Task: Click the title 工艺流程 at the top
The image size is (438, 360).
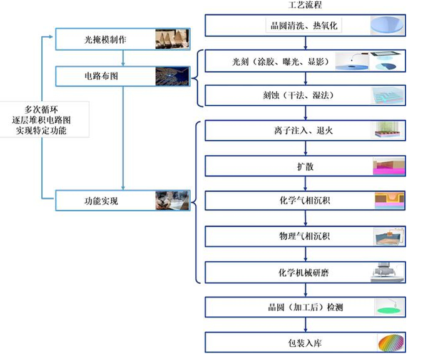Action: click(304, 6)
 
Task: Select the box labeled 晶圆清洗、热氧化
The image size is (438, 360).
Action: click(304, 26)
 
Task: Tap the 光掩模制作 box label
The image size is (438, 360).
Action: click(105, 39)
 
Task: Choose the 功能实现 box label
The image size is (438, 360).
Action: click(101, 201)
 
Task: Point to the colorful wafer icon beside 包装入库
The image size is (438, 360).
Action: click(390, 343)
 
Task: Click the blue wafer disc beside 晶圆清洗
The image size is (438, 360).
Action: click(388, 26)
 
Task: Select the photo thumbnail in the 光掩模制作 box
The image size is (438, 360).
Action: click(173, 39)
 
